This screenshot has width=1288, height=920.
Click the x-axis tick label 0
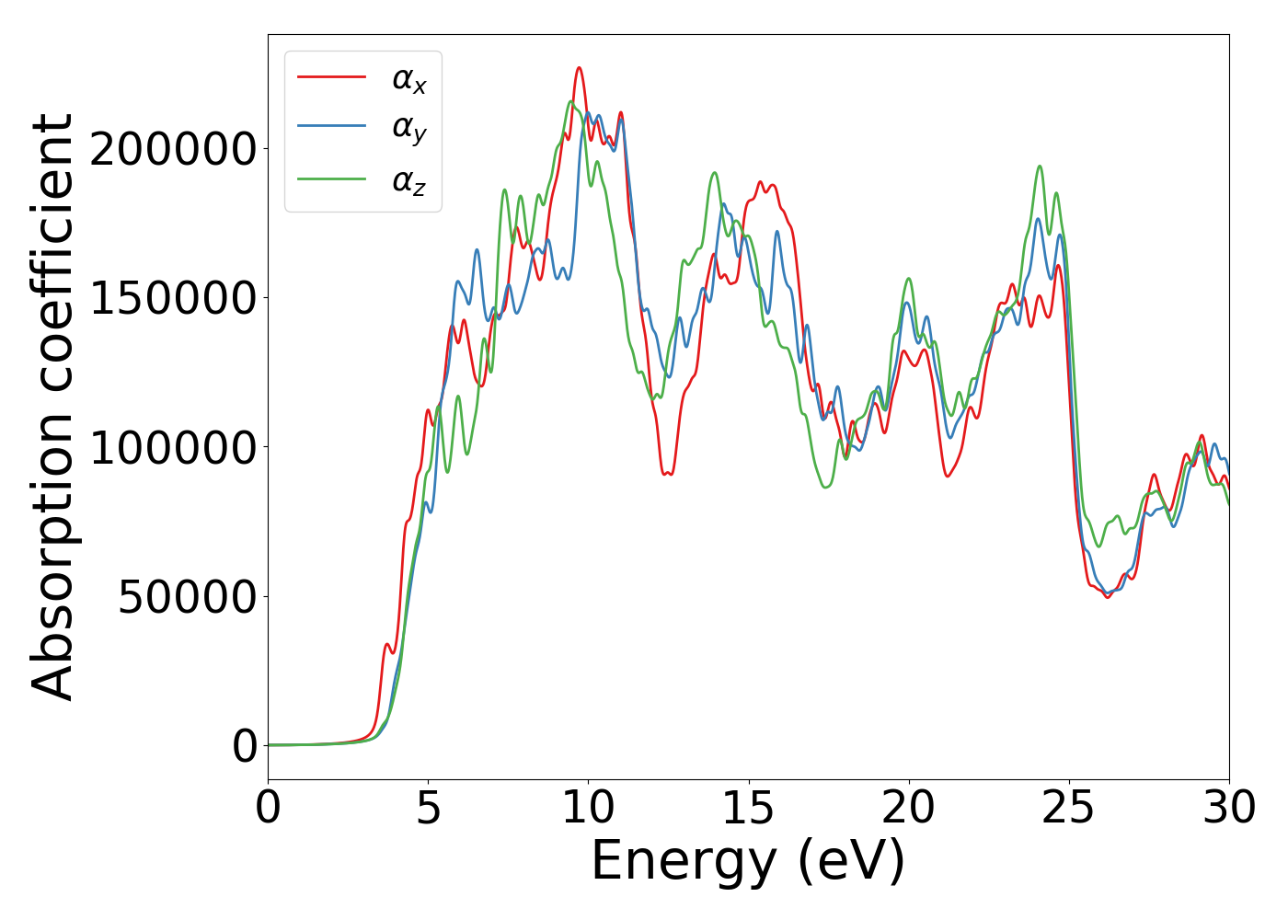268,809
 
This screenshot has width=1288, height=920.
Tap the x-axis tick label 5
428,809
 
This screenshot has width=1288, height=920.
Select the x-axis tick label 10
588,809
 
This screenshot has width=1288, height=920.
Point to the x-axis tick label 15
748,809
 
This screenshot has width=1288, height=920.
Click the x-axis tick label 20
908,809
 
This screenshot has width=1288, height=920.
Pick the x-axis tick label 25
1068,809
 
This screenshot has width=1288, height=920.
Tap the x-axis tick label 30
1228,809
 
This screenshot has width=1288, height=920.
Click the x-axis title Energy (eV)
748,862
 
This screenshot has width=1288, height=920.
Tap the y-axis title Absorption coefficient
52,407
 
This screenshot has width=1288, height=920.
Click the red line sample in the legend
331,77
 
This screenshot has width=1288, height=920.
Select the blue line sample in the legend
331,127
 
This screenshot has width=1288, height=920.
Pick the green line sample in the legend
331,178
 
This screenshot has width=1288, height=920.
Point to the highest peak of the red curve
579,67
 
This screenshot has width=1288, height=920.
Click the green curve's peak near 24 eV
1040,167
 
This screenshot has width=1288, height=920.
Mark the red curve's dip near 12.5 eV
667,474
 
